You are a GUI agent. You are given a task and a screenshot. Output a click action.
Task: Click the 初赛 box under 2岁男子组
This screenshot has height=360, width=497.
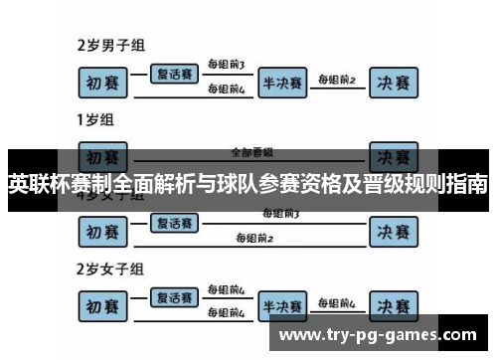tap(106, 81)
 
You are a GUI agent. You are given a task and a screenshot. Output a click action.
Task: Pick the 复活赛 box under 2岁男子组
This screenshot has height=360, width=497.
tap(174, 73)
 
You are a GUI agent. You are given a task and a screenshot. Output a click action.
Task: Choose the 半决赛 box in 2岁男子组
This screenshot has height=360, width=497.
tap(282, 81)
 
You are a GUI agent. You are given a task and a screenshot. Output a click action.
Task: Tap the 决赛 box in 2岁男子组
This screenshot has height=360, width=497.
tap(393, 81)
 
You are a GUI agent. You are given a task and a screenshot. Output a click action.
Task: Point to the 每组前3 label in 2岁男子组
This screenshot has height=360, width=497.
tap(226, 65)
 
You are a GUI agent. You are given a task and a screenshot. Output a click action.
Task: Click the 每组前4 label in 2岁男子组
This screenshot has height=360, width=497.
tap(226, 90)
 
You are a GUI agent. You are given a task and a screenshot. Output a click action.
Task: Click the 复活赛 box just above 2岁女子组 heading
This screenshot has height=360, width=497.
tap(174, 222)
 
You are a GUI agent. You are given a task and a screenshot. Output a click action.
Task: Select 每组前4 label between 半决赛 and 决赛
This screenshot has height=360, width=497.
tap(336, 301)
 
